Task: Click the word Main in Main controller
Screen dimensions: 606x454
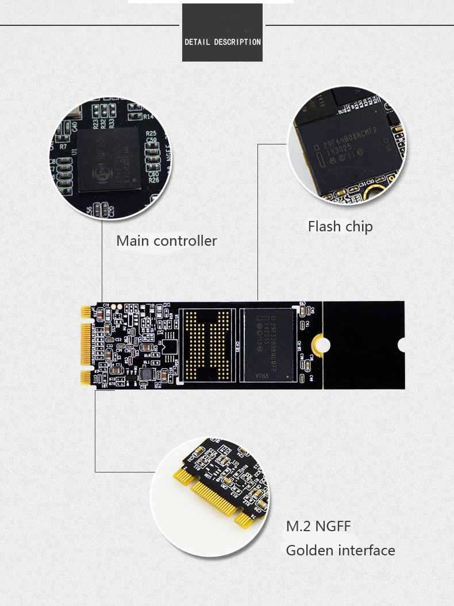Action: tap(132, 241)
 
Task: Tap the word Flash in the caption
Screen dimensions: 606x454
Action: tap(324, 227)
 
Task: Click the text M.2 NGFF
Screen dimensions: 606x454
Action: tap(318, 526)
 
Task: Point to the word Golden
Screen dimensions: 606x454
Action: tap(311, 551)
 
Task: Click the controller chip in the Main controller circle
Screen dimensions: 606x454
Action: tap(109, 160)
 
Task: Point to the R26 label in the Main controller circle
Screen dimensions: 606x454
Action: tap(153, 180)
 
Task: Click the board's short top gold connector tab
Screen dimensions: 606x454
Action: tap(86, 311)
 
